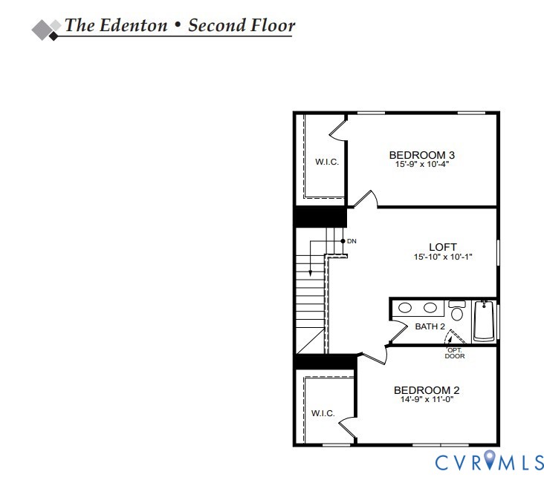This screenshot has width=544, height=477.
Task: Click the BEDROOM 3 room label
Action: (x=422, y=155)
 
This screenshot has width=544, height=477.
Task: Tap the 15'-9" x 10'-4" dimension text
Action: (x=422, y=164)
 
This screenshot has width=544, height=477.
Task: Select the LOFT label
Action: (x=443, y=247)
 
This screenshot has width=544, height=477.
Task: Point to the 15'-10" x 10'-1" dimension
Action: (x=443, y=257)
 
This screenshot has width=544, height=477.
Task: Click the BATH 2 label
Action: (x=430, y=326)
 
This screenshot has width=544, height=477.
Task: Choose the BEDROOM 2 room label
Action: (x=427, y=390)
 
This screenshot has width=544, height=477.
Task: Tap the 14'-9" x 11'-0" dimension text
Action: (x=427, y=399)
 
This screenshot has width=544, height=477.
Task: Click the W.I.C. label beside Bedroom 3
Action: (x=327, y=162)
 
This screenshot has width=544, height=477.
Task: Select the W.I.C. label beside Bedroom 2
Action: (x=323, y=413)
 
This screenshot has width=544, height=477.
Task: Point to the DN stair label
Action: (x=352, y=241)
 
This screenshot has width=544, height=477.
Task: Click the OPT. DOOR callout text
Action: (x=455, y=353)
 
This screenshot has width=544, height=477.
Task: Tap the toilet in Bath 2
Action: (x=457, y=311)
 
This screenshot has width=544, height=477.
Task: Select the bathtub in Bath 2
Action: (x=485, y=320)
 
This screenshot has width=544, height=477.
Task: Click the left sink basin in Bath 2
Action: (x=405, y=308)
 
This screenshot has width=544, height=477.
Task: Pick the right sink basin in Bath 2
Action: (x=430, y=308)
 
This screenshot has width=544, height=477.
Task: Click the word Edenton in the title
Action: (x=133, y=25)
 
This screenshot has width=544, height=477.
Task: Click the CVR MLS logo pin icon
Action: (x=490, y=459)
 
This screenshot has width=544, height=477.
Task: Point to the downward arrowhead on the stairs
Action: (x=310, y=274)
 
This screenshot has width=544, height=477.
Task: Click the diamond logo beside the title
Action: (x=46, y=30)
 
